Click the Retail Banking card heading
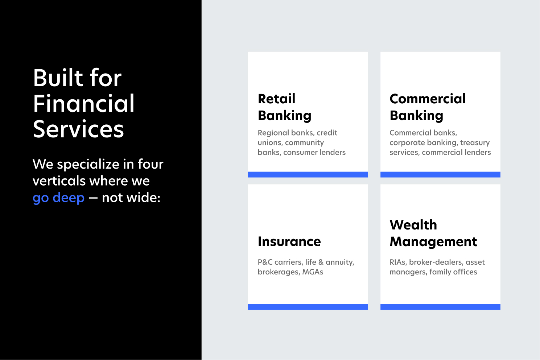click(x=284, y=107)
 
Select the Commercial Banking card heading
click(x=428, y=107)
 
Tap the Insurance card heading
click(x=289, y=241)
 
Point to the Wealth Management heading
click(x=433, y=233)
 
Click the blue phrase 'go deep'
click(x=59, y=198)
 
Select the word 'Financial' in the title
click(x=83, y=103)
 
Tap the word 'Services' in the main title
click(x=78, y=129)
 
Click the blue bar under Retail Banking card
click(x=308, y=174)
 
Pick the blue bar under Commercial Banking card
click(x=440, y=174)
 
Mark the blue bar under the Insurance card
click(x=308, y=307)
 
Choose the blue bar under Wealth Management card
click(x=440, y=307)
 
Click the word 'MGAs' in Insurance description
click(x=313, y=272)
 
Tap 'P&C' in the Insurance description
click(x=265, y=262)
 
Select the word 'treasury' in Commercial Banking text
click(x=475, y=142)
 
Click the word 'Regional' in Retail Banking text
click(x=273, y=133)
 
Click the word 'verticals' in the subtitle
click(x=59, y=181)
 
